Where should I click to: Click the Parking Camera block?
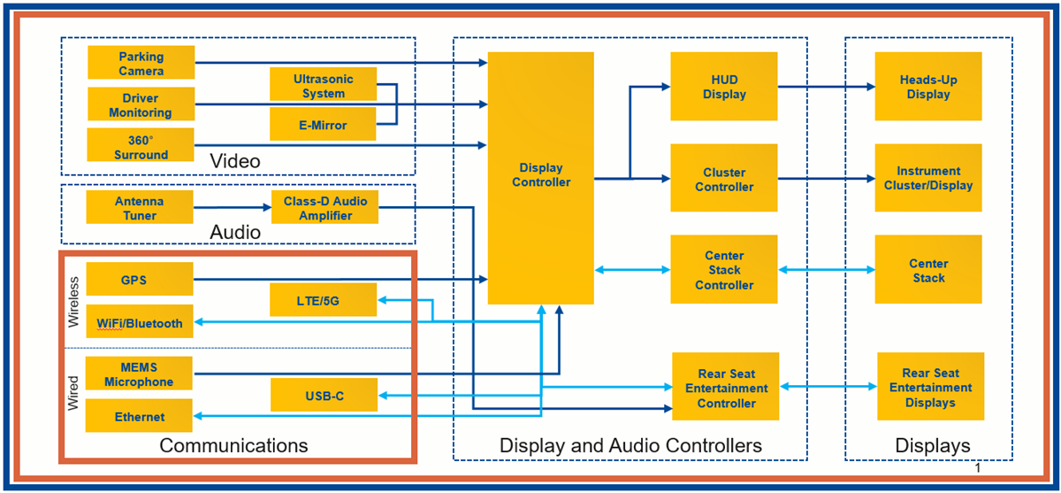pos(141,63)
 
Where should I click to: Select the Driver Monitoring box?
pos(141,104)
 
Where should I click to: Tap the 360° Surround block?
pos(141,146)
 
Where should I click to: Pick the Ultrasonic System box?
pos(323,86)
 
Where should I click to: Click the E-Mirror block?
pos(323,125)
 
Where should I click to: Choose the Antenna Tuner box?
pos(140,208)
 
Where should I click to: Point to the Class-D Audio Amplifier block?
pos(324,208)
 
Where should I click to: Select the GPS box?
pos(140,280)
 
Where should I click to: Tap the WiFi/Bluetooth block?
pos(140,322)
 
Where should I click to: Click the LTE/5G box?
pos(323,301)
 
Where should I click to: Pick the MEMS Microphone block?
pos(140,374)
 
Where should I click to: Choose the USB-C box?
pos(323,396)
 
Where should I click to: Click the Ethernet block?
pos(140,416)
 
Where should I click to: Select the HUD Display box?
pos(723,87)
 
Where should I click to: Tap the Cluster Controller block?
pos(723,180)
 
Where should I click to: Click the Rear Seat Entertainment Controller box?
pos(725,388)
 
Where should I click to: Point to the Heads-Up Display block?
pos(927,87)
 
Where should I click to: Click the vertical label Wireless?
pos(74,302)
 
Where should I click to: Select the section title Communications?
pos(233,445)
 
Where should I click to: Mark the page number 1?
pos(978,467)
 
